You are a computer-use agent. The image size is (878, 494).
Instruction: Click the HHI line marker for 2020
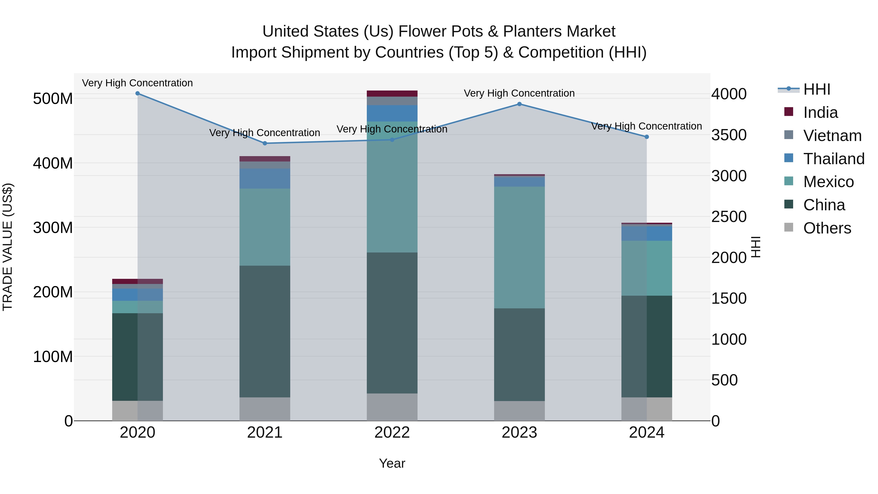[x=138, y=93]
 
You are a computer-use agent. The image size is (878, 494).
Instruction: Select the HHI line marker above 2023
[x=519, y=104]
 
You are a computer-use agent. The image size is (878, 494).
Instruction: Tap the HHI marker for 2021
[x=265, y=143]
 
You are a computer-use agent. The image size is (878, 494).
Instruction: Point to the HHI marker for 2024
[x=647, y=137]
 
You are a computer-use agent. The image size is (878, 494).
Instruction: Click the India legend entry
[x=820, y=112]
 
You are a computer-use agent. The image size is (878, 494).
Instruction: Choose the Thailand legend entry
[x=833, y=159]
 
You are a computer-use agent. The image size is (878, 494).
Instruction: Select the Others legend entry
[x=827, y=228]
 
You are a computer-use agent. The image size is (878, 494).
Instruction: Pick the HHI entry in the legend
[x=817, y=89]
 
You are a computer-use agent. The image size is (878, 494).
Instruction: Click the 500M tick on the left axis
[x=53, y=99]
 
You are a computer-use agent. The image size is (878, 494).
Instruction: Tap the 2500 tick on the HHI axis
[x=729, y=217]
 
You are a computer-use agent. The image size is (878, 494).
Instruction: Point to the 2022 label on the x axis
[x=392, y=433]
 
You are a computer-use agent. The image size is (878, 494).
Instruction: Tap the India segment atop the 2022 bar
[x=392, y=93]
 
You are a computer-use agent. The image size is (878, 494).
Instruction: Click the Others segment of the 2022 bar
[x=392, y=407]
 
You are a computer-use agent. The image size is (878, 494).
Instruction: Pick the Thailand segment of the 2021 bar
[x=265, y=179]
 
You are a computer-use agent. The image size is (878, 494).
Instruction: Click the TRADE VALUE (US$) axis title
[x=8, y=247]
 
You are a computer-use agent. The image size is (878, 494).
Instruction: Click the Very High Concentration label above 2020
[x=137, y=83]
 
